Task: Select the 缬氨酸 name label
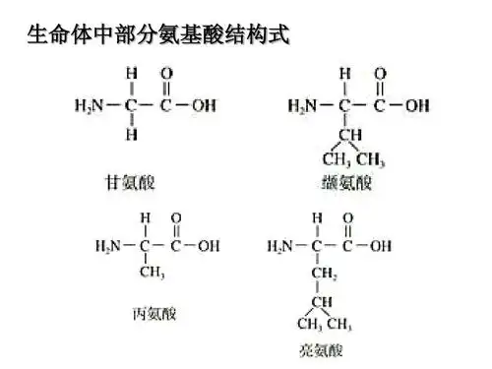point(346,182)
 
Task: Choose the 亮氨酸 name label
point(321,350)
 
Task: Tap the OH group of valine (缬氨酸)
point(416,105)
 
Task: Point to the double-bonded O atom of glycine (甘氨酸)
point(165,74)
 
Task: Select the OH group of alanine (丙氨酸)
point(209,246)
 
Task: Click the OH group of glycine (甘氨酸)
point(203,105)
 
